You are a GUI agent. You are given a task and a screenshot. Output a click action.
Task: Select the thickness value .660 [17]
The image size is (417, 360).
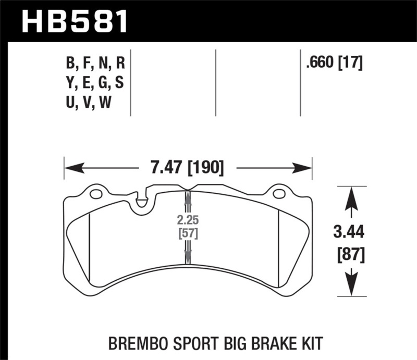point(334,64)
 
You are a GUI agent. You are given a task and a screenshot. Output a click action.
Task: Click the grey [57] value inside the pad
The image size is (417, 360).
point(187,232)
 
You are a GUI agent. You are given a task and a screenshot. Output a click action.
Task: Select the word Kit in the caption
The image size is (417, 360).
point(311,343)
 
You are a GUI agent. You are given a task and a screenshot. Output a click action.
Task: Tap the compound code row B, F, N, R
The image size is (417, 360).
point(95,64)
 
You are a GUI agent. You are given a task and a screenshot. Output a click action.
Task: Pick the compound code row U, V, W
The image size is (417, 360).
point(89,103)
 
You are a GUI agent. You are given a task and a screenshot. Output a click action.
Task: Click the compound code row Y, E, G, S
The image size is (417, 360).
point(95,83)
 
